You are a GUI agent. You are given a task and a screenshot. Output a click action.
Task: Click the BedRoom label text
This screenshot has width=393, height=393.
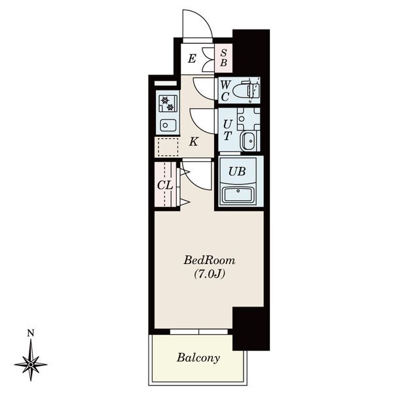coord(210,261)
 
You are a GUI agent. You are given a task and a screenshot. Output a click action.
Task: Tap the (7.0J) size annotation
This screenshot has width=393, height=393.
coord(210,274)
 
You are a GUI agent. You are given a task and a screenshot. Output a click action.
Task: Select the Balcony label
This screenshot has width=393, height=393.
coord(198,358)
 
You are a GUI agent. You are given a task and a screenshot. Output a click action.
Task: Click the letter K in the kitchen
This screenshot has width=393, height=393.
coord(193,141)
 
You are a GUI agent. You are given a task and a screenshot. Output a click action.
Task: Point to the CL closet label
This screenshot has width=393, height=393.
coord(165,185)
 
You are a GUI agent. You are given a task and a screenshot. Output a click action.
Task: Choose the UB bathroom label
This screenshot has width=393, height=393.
coord(237,172)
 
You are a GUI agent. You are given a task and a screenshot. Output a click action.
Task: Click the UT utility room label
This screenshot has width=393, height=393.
coord(227,130)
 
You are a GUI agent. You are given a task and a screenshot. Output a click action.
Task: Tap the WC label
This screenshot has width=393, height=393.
coord(225,91)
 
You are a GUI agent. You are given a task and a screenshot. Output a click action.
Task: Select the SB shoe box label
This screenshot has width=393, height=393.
coord(223,58)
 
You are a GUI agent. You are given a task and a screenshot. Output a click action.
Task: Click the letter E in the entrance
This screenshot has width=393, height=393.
coord(192,59)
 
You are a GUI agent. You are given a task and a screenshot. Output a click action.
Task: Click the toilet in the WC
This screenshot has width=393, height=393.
coord(246,90)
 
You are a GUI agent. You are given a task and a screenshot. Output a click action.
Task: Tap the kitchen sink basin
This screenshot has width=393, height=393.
coord(168,125)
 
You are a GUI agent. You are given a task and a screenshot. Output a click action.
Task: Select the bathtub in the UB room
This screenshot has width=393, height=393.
coord(238,195)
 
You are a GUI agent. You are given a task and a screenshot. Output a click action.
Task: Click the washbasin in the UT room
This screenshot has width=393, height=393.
coord(248,141)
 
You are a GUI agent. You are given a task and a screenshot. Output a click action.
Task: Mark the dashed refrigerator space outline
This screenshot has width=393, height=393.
coord(168,147)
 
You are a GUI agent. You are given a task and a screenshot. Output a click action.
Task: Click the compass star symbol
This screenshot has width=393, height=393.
coord(31,364)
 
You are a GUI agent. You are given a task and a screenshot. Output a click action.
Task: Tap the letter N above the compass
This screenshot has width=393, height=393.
coord(31,333)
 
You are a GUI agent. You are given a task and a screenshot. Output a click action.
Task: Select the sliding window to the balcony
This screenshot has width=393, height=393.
coord(198,332)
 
